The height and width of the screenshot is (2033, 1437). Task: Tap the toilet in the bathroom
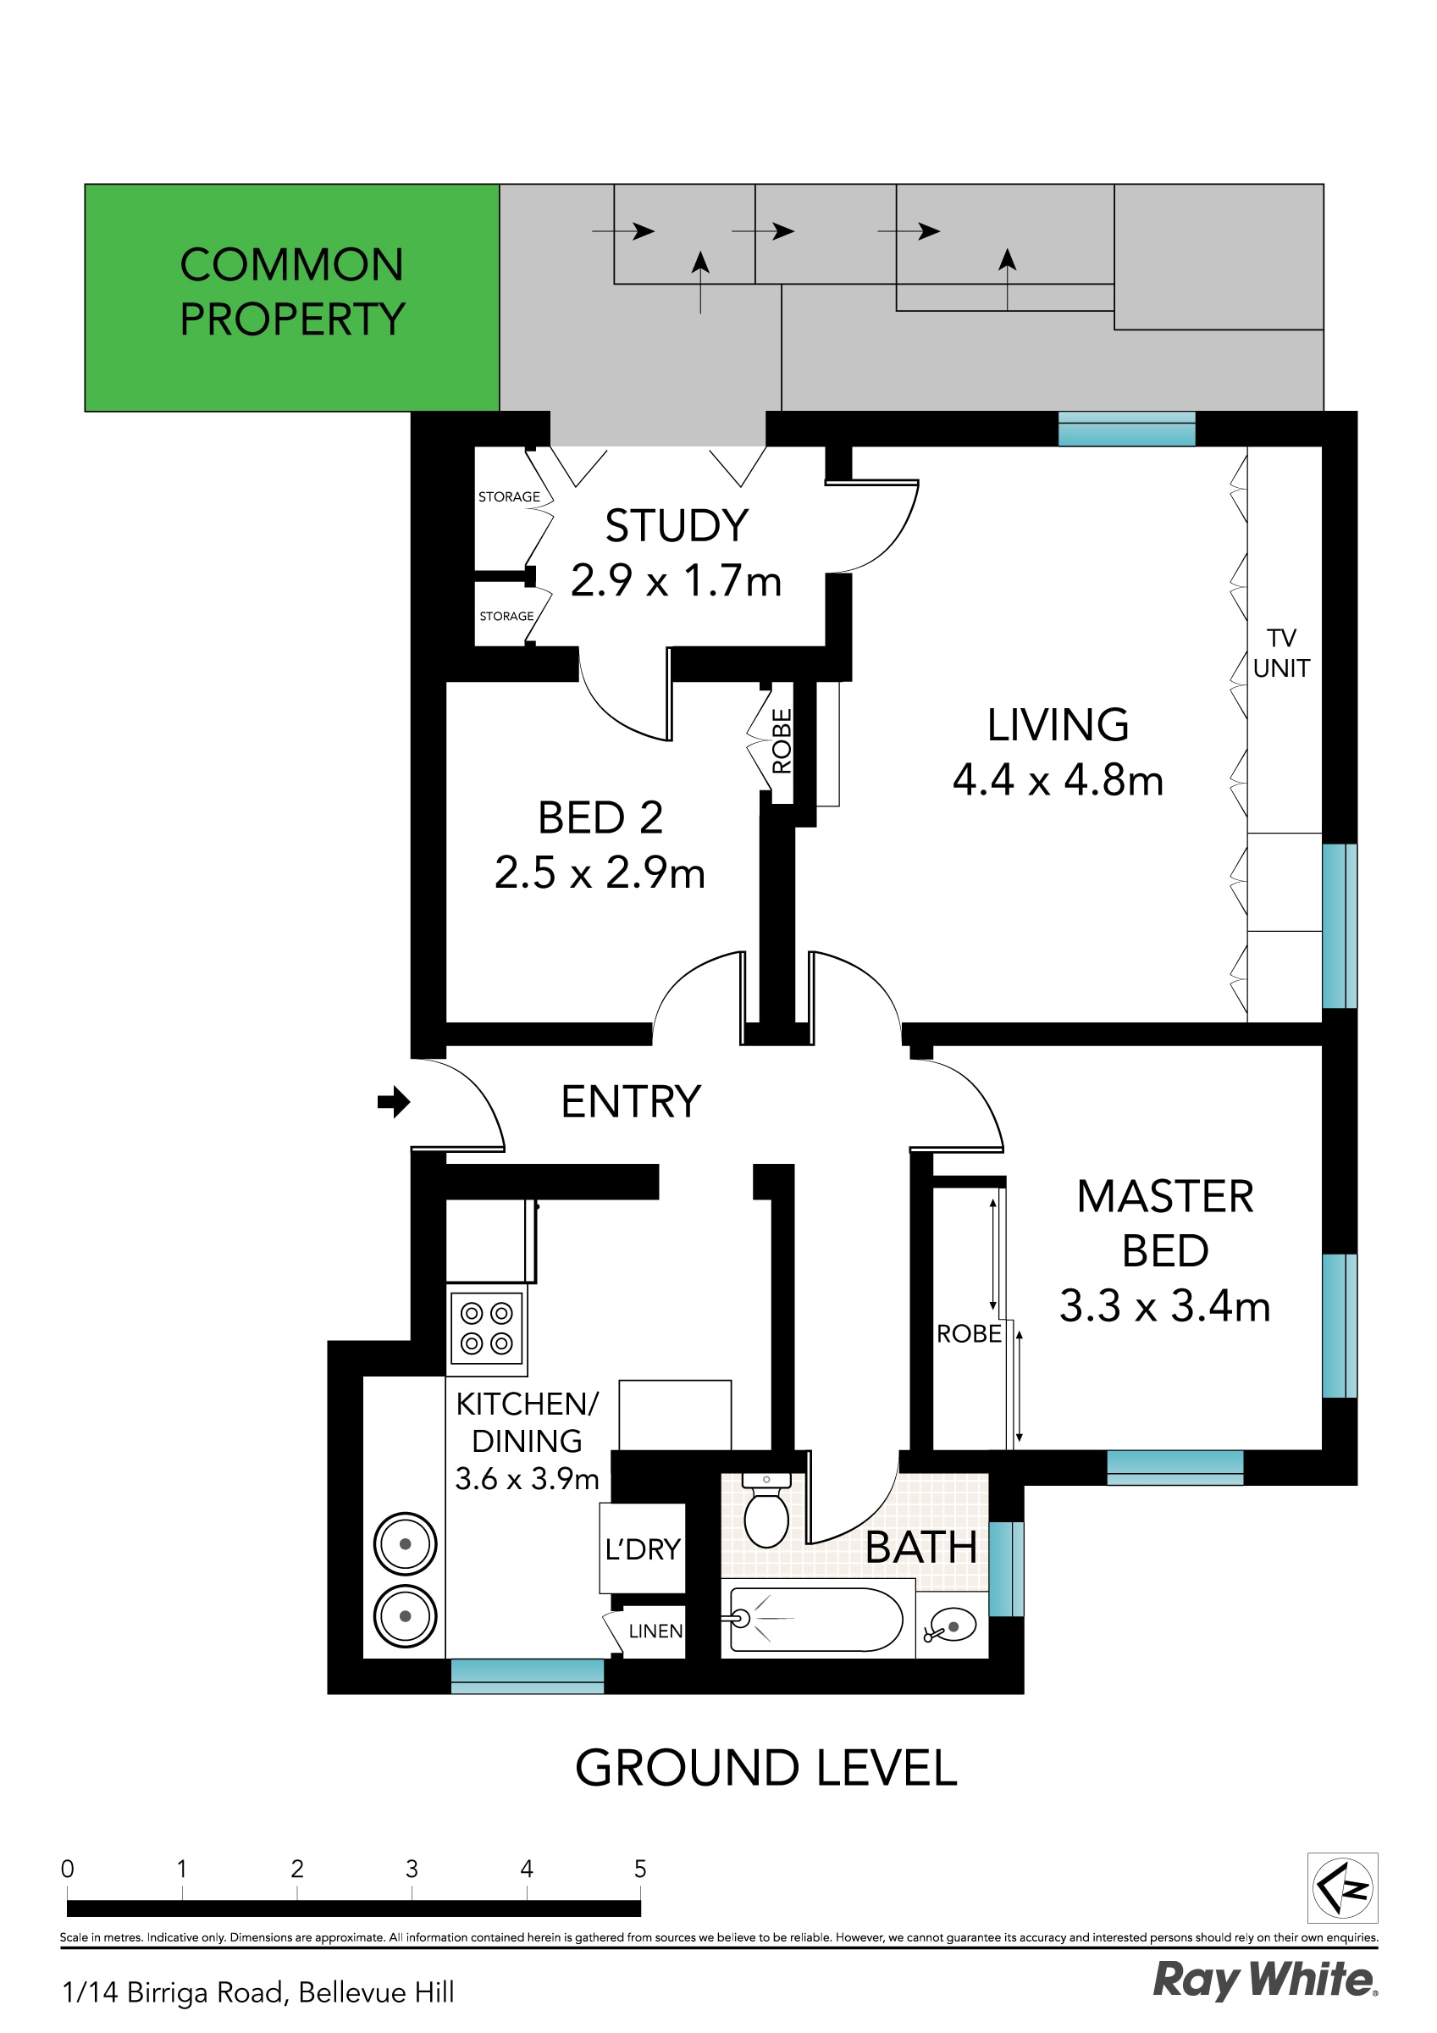click(x=765, y=1517)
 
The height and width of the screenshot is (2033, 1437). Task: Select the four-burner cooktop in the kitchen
click(x=487, y=1328)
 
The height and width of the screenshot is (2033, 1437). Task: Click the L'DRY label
click(x=643, y=1548)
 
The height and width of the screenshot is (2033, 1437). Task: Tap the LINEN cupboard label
click(x=655, y=1631)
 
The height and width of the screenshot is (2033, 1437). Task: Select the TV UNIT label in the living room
click(x=1281, y=652)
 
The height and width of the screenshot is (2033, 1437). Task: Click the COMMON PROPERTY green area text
click(x=292, y=292)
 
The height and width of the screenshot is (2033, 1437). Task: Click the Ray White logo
click(x=1264, y=1980)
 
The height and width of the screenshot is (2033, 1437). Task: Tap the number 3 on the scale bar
click(x=412, y=1869)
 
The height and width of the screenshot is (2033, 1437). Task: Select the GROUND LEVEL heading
click(x=765, y=1768)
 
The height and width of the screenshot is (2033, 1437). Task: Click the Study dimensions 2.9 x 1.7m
click(x=676, y=582)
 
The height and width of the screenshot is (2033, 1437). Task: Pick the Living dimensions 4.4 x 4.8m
click(x=1057, y=781)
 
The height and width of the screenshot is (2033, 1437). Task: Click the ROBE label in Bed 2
click(x=782, y=741)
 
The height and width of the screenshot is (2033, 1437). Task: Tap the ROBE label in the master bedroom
click(x=969, y=1333)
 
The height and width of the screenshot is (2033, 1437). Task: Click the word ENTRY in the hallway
click(x=630, y=1102)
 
